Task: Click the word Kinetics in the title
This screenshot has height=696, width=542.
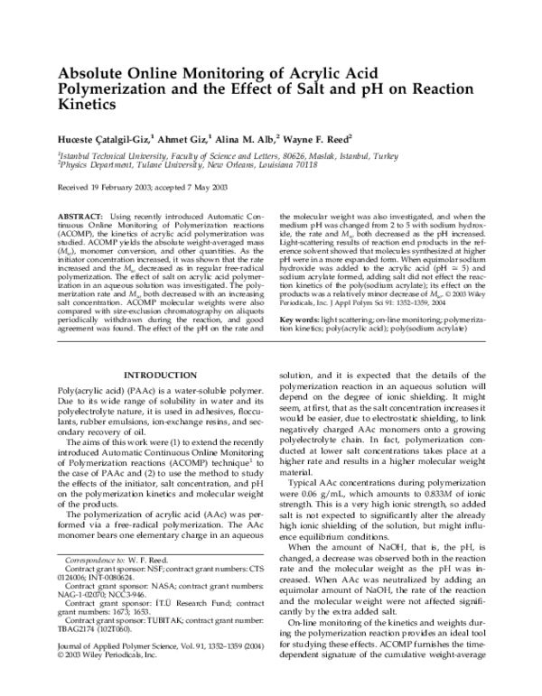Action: pos(88,105)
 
